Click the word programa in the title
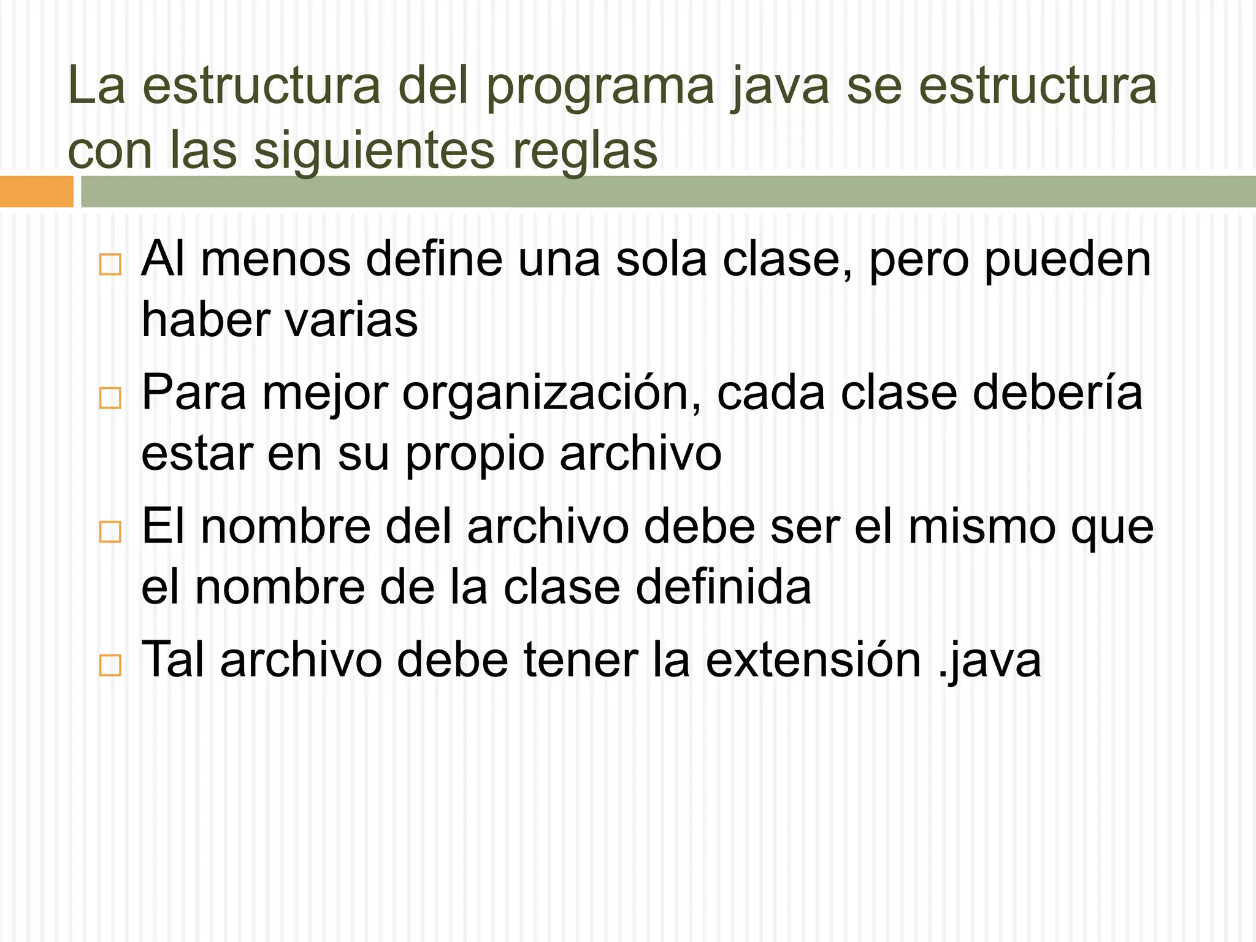600,87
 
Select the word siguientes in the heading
374,151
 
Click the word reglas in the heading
584,151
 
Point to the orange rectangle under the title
36,191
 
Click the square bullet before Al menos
110,265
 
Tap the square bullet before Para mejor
110,398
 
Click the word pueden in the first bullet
1068,260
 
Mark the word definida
723,588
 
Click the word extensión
813,661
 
